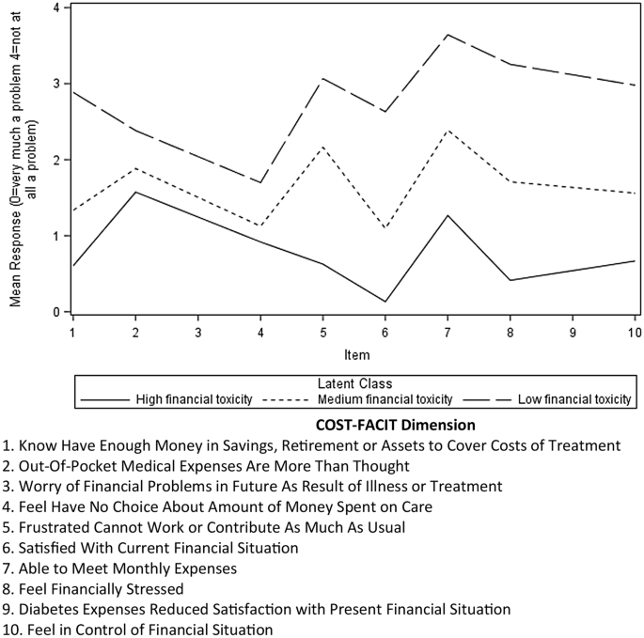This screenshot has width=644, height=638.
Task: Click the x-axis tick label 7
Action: pyautogui.click(x=448, y=333)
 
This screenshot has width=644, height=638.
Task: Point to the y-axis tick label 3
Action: pyautogui.click(x=56, y=84)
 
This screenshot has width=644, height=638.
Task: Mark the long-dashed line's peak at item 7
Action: pyautogui.click(x=448, y=35)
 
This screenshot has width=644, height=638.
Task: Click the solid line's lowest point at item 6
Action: pyautogui.click(x=385, y=302)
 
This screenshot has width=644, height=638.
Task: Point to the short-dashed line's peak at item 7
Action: pyautogui.click(x=448, y=131)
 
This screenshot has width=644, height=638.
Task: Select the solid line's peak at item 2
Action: pyautogui.click(x=134, y=192)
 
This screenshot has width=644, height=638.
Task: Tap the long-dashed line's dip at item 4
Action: pyautogui.click(x=259, y=182)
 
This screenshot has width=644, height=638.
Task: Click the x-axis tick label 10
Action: pyautogui.click(x=635, y=333)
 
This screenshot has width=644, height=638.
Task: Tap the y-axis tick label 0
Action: pyautogui.click(x=56, y=312)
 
